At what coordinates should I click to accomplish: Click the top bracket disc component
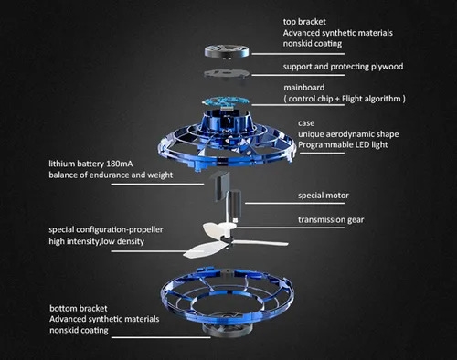[227, 51]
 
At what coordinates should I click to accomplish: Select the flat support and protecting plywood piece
[227, 74]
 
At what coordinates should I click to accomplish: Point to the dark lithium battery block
[223, 186]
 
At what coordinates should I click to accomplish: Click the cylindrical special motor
[235, 204]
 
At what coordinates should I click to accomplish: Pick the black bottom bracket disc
[227, 330]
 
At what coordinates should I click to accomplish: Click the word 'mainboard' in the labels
[304, 88]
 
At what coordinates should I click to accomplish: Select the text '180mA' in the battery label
[119, 164]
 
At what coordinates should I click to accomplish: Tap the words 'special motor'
[324, 196]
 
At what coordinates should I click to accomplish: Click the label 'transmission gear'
[331, 219]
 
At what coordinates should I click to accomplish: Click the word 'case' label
[306, 123]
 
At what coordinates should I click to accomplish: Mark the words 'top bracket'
[304, 22]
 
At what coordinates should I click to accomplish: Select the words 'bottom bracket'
[79, 308]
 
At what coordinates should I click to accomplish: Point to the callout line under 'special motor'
[294, 203]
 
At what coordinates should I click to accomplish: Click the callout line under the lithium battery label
[157, 184]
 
